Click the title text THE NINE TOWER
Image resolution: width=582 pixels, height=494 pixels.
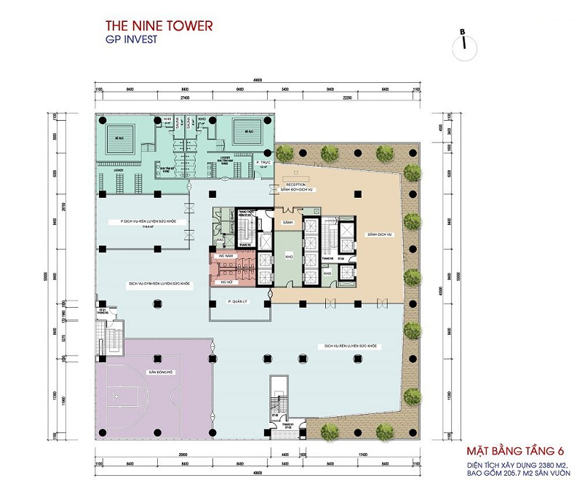pyautogui.click(x=159, y=26)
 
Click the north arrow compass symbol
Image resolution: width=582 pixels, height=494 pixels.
pyautogui.click(x=463, y=39)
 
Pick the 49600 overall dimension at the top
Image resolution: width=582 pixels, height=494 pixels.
pyautogui.click(x=258, y=81)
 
